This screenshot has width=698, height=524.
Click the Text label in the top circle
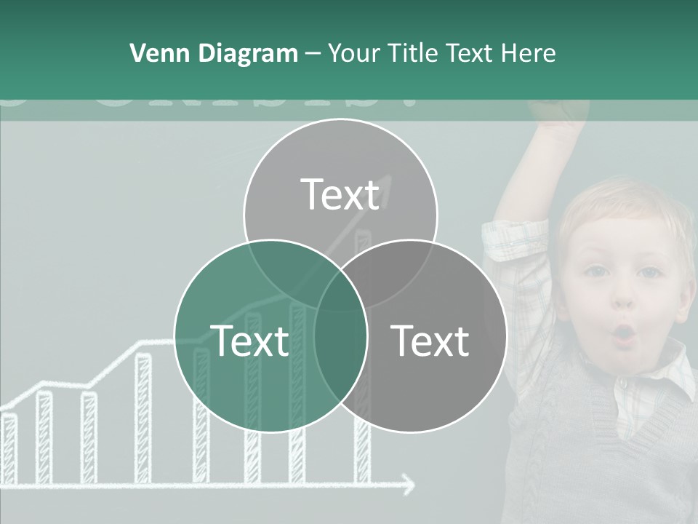[340, 194]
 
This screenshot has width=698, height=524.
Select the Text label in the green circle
[249, 341]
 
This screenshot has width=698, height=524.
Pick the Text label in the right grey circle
[430, 341]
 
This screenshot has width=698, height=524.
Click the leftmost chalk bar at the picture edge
[9, 448]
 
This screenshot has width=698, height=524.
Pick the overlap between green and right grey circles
[340, 349]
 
